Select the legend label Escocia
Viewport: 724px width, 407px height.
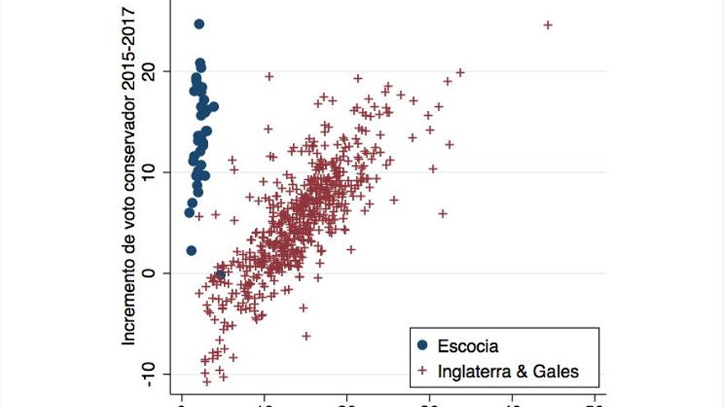[468, 346]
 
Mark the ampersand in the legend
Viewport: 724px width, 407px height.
[525, 372]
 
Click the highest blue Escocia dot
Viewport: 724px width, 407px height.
[199, 24]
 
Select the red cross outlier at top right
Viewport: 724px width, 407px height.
[548, 25]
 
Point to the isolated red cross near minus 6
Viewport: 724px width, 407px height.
[306, 335]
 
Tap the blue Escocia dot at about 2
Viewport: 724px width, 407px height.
[191, 250]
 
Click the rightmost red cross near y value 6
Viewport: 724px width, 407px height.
[443, 213]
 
